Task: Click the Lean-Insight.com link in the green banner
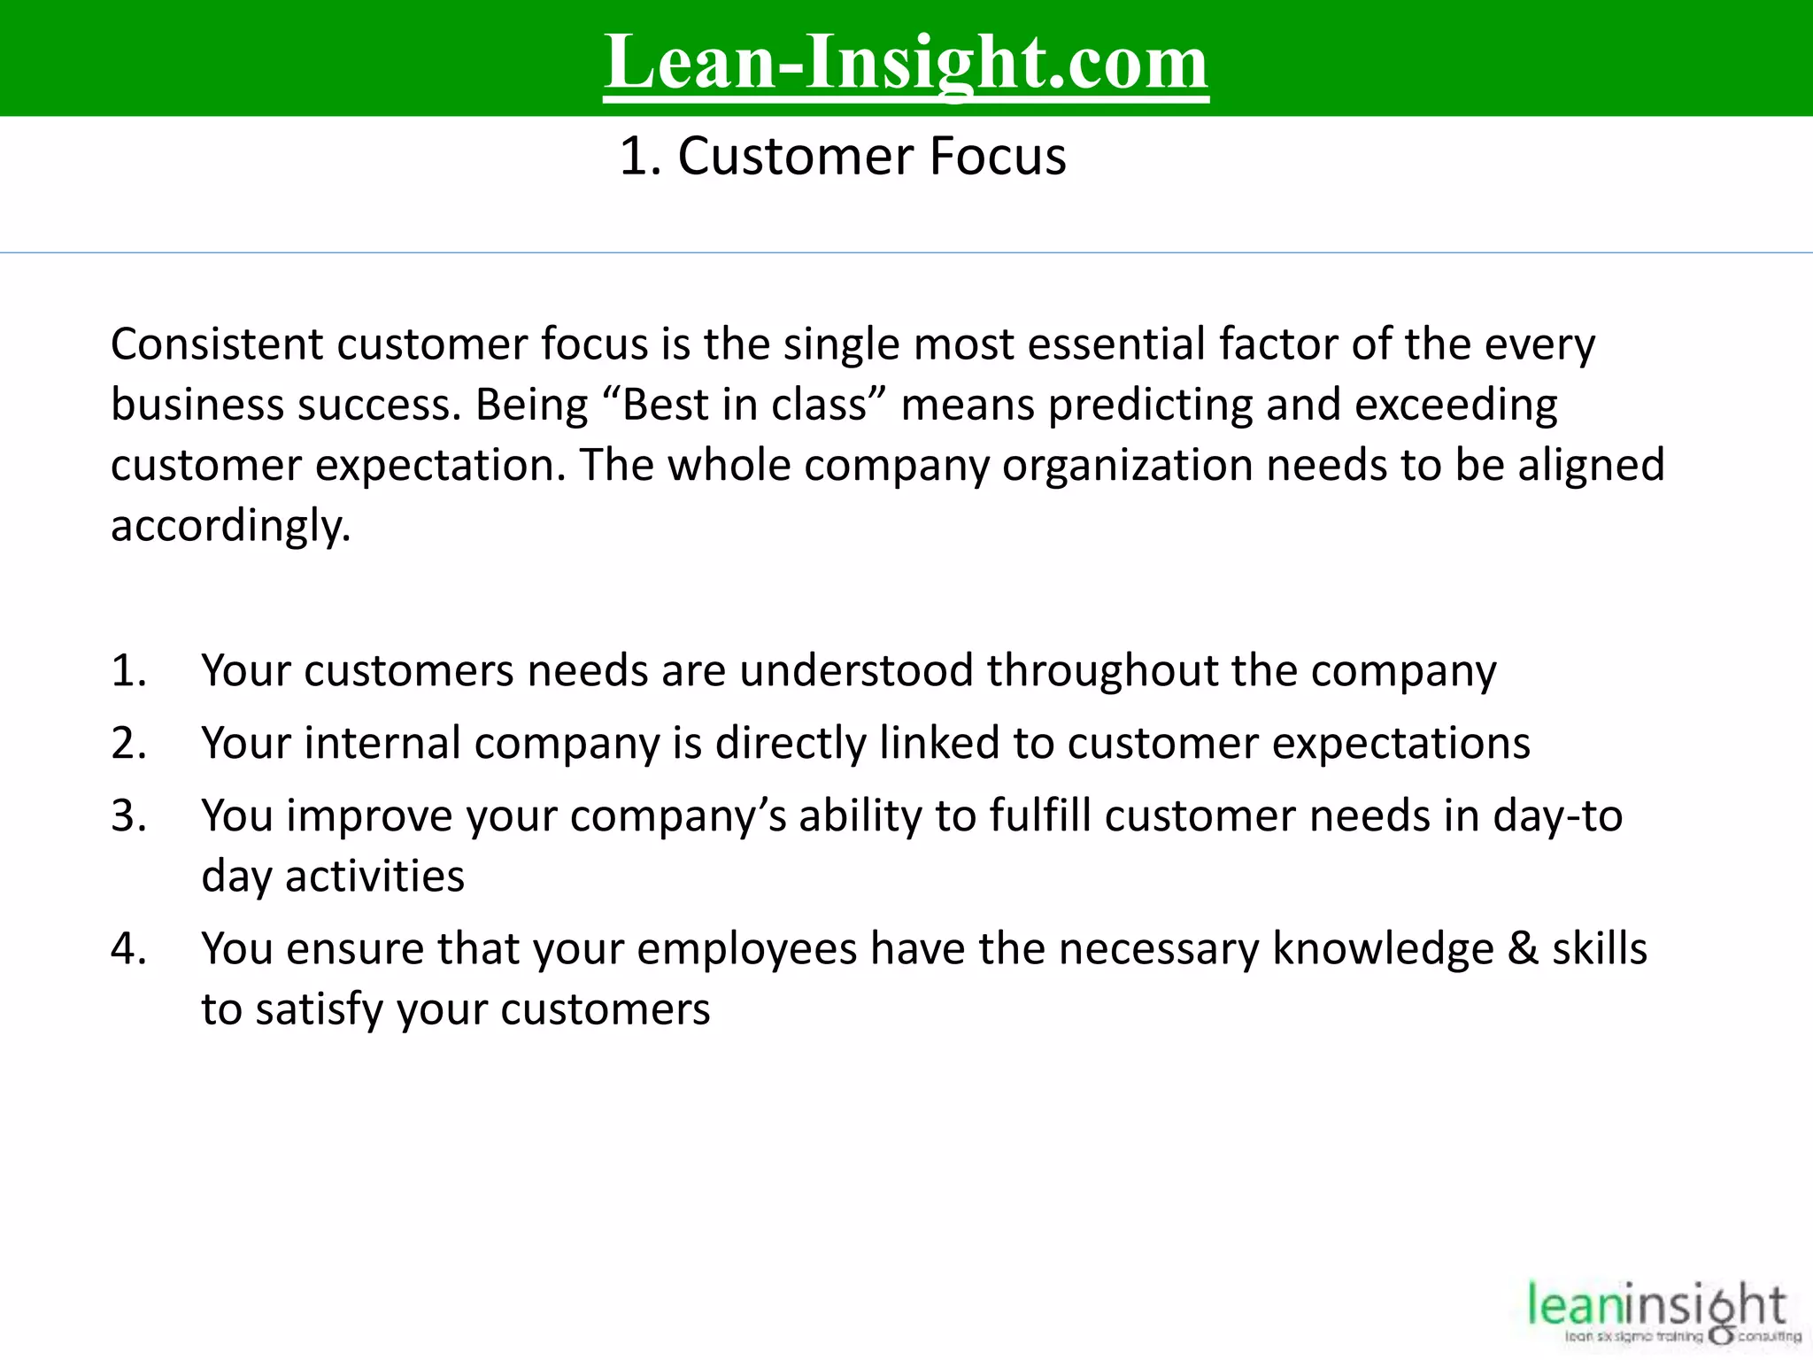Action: coord(906,62)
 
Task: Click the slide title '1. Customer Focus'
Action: coord(843,157)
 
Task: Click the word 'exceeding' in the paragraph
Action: coord(1455,406)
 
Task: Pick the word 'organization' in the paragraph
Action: coord(1127,466)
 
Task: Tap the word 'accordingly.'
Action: coord(231,527)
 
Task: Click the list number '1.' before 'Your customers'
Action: coord(129,671)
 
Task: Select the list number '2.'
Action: coord(129,744)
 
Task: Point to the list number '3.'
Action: coord(129,816)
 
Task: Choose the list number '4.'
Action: coord(129,949)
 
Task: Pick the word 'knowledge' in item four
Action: coord(1383,949)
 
